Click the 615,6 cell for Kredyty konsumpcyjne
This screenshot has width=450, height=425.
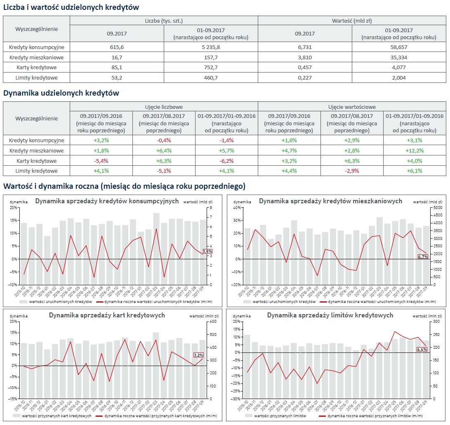(x=117, y=47)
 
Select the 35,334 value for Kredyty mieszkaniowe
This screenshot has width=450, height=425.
(x=398, y=57)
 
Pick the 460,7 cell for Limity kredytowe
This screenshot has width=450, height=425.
(x=211, y=77)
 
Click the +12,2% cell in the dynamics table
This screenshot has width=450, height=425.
(x=414, y=150)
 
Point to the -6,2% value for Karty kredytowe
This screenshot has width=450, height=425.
(x=226, y=161)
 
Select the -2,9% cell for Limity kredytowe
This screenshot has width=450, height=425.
(x=351, y=171)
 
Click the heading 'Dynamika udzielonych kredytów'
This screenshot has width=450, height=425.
(x=61, y=93)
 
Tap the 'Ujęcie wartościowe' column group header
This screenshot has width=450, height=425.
(x=352, y=107)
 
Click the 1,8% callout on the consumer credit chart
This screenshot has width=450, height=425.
(x=207, y=251)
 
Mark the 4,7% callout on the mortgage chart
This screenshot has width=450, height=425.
(x=423, y=256)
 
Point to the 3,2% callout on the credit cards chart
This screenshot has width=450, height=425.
(x=198, y=355)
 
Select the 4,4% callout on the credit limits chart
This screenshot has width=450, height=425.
(x=422, y=350)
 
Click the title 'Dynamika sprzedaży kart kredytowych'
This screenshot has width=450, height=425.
(x=107, y=315)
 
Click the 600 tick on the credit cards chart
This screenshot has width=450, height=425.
(x=211, y=322)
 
